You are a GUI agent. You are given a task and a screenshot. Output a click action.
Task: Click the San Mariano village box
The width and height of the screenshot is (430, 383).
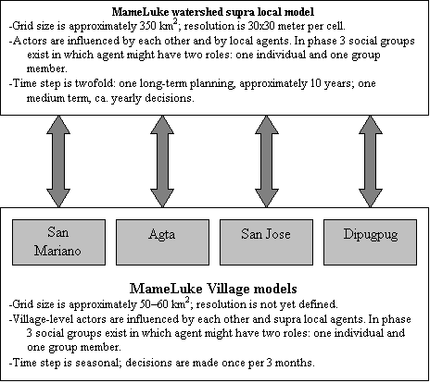(x=58, y=242)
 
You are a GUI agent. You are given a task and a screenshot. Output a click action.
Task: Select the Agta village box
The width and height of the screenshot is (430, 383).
(x=162, y=242)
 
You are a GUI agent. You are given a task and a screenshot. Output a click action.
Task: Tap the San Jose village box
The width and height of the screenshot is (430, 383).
(x=266, y=242)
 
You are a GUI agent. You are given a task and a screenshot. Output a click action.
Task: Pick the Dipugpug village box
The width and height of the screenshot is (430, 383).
(x=370, y=242)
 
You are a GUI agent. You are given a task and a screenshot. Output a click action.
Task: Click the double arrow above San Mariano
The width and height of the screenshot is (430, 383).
(x=58, y=161)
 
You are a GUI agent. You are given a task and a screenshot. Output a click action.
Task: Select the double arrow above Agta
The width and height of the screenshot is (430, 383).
(x=162, y=161)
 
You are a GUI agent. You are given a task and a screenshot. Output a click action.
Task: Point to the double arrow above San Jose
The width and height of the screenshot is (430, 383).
(x=267, y=161)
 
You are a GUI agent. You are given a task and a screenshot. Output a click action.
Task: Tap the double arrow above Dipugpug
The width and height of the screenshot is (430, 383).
(x=371, y=161)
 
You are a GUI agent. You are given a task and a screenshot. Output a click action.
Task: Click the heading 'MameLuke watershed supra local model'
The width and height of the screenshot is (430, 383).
(x=213, y=12)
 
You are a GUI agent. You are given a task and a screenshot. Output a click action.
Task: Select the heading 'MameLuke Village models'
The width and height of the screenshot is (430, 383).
(x=213, y=289)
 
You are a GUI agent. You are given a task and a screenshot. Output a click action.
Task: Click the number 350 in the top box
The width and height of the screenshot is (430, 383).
(x=148, y=26)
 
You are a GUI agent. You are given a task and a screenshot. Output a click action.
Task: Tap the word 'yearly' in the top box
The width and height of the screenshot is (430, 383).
(x=127, y=99)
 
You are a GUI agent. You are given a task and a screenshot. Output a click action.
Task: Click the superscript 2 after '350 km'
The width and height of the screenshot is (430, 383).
(x=175, y=23)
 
